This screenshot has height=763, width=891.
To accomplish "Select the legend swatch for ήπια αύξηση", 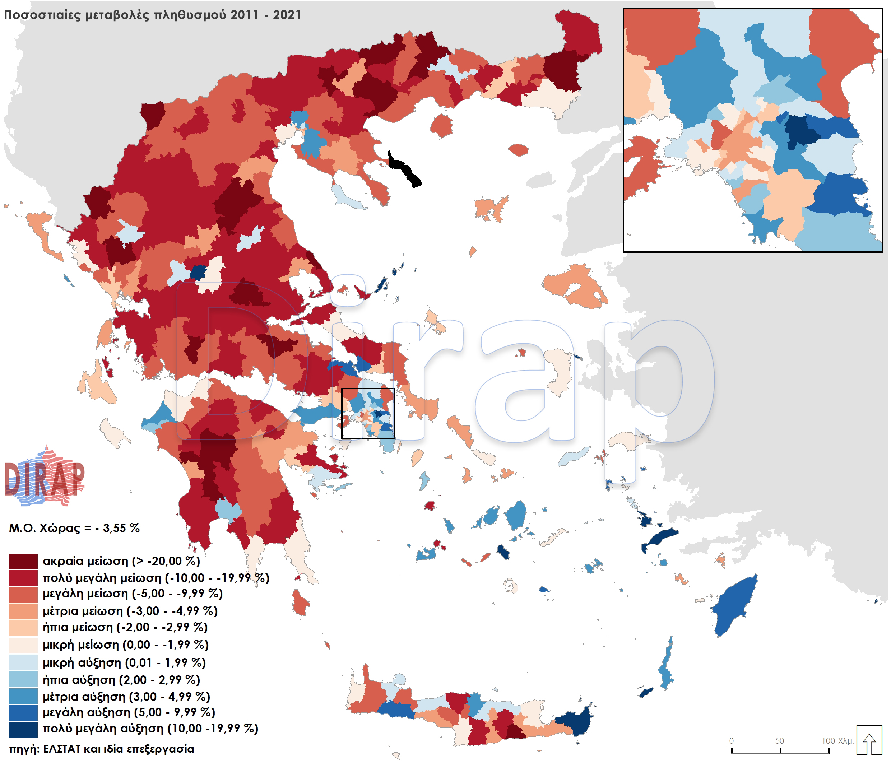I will (23, 680).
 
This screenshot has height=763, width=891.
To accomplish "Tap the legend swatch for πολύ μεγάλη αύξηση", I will (23, 729).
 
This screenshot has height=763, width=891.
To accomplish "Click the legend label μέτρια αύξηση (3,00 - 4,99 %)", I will (126, 697).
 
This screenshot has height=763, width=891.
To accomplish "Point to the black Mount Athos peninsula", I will (404, 169).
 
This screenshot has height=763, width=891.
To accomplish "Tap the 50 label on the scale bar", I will (780, 741).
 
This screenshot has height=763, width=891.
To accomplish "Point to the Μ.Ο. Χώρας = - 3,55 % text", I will (74, 528).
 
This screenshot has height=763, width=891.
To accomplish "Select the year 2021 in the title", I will (287, 15).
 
